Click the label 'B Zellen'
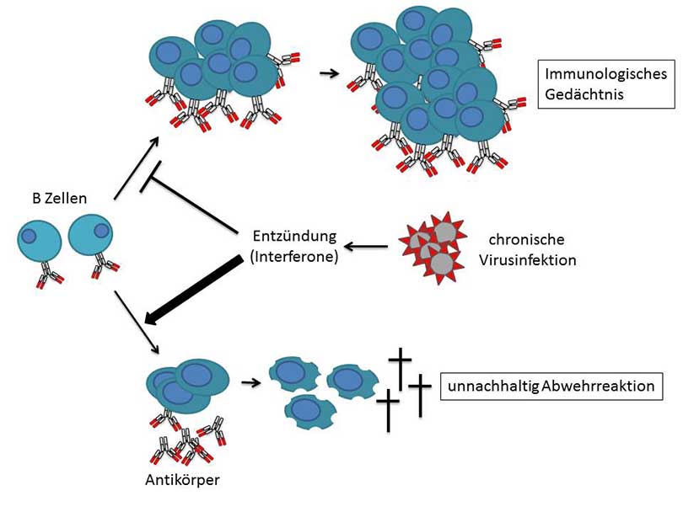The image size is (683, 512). [x=56, y=199]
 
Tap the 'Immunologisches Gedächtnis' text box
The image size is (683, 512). [x=605, y=84]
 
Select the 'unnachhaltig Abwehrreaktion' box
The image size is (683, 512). [x=551, y=387]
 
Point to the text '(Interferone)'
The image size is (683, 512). [x=294, y=257]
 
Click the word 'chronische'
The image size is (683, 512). [x=527, y=239]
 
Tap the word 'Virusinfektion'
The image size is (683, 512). [x=527, y=260]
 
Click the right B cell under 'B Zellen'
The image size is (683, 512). [x=90, y=235]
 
